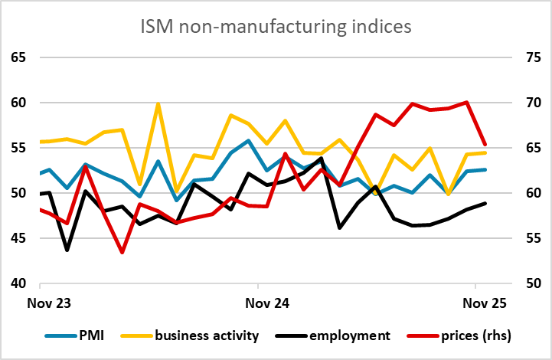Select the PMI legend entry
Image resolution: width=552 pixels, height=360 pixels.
click(x=84, y=335)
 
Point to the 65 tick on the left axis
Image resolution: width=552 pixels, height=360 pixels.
click(x=18, y=57)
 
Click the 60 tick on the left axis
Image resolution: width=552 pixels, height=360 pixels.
click(x=18, y=103)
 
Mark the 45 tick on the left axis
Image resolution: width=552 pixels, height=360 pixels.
click(x=18, y=238)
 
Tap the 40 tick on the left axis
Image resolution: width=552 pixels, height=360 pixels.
click(x=18, y=283)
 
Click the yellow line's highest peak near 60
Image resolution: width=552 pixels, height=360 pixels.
click(x=158, y=103)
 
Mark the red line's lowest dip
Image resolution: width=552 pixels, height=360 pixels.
click(x=122, y=252)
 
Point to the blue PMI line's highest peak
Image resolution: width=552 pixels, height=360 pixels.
click(x=248, y=140)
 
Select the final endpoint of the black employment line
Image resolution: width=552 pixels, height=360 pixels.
click(x=485, y=203)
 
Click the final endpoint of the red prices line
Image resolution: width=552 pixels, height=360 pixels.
click(x=485, y=144)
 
